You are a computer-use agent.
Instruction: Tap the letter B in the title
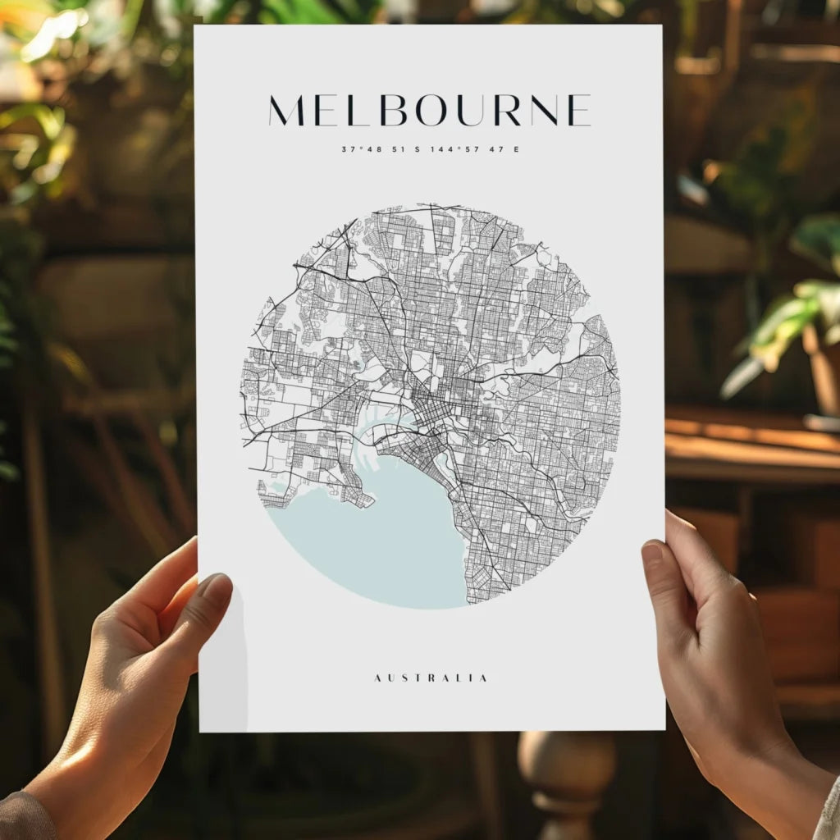click(x=393, y=111)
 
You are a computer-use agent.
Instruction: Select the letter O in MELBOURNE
click(x=431, y=111)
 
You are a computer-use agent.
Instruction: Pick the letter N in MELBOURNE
click(x=544, y=111)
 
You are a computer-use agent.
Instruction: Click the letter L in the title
click(x=361, y=111)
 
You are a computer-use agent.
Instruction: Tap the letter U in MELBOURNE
click(x=471, y=111)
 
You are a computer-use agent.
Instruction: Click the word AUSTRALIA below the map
click(x=431, y=678)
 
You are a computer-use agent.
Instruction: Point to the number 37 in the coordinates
click(x=348, y=149)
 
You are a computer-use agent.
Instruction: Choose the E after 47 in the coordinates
click(x=516, y=149)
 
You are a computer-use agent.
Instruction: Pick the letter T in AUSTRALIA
click(x=417, y=678)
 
